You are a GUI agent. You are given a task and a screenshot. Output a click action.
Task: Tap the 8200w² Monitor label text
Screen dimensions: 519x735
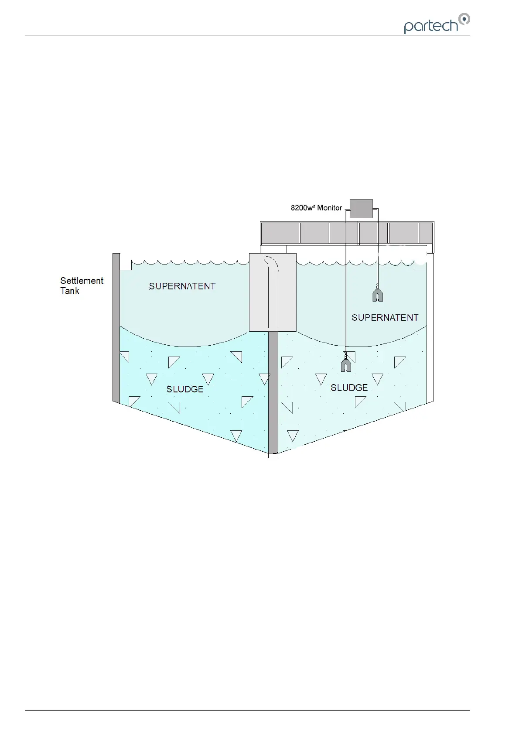tap(316, 208)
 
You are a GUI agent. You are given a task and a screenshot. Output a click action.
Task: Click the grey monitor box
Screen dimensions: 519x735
tap(361, 209)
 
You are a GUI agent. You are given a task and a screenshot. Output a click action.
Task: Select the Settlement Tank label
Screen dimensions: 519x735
tap(82, 285)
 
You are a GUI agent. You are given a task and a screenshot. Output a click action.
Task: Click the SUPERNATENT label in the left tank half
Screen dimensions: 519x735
tap(182, 286)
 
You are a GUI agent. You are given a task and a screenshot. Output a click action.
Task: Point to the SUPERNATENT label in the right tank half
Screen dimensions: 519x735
tap(385, 317)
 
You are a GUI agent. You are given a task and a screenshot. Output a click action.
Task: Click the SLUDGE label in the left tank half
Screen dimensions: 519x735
tap(185, 389)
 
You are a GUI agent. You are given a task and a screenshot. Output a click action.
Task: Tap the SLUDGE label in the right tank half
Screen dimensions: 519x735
tap(349, 388)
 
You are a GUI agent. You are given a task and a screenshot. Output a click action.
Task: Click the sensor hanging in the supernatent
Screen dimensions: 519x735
tap(377, 293)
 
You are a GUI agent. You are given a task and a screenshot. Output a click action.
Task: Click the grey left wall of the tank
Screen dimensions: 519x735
tap(116, 327)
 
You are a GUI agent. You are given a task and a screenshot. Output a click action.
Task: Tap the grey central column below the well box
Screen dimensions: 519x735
tap(273, 393)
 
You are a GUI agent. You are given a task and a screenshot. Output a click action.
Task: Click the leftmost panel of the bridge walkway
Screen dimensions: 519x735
tap(280, 233)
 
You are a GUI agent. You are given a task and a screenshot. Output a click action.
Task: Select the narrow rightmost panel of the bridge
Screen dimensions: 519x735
tap(426, 233)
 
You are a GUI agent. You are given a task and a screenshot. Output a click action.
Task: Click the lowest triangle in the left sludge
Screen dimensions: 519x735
tap(236, 435)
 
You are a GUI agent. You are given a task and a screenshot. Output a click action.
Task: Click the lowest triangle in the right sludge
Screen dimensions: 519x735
tap(293, 435)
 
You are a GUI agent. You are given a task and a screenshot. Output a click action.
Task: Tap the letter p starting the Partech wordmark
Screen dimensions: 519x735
tap(409, 27)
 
